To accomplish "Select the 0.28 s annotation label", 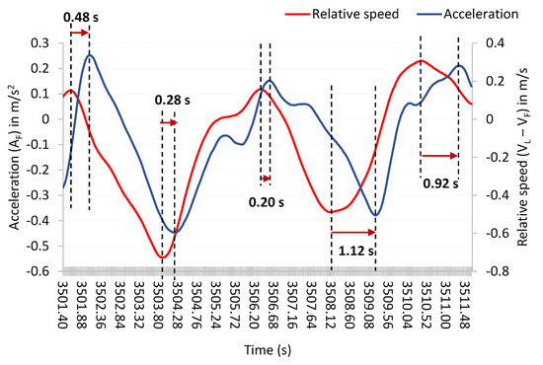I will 172,100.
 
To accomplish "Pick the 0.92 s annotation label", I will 439,182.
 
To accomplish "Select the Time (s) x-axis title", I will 264,352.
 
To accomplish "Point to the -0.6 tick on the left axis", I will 42,271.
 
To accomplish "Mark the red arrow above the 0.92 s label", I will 439,155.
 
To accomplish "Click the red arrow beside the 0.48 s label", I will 80,33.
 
